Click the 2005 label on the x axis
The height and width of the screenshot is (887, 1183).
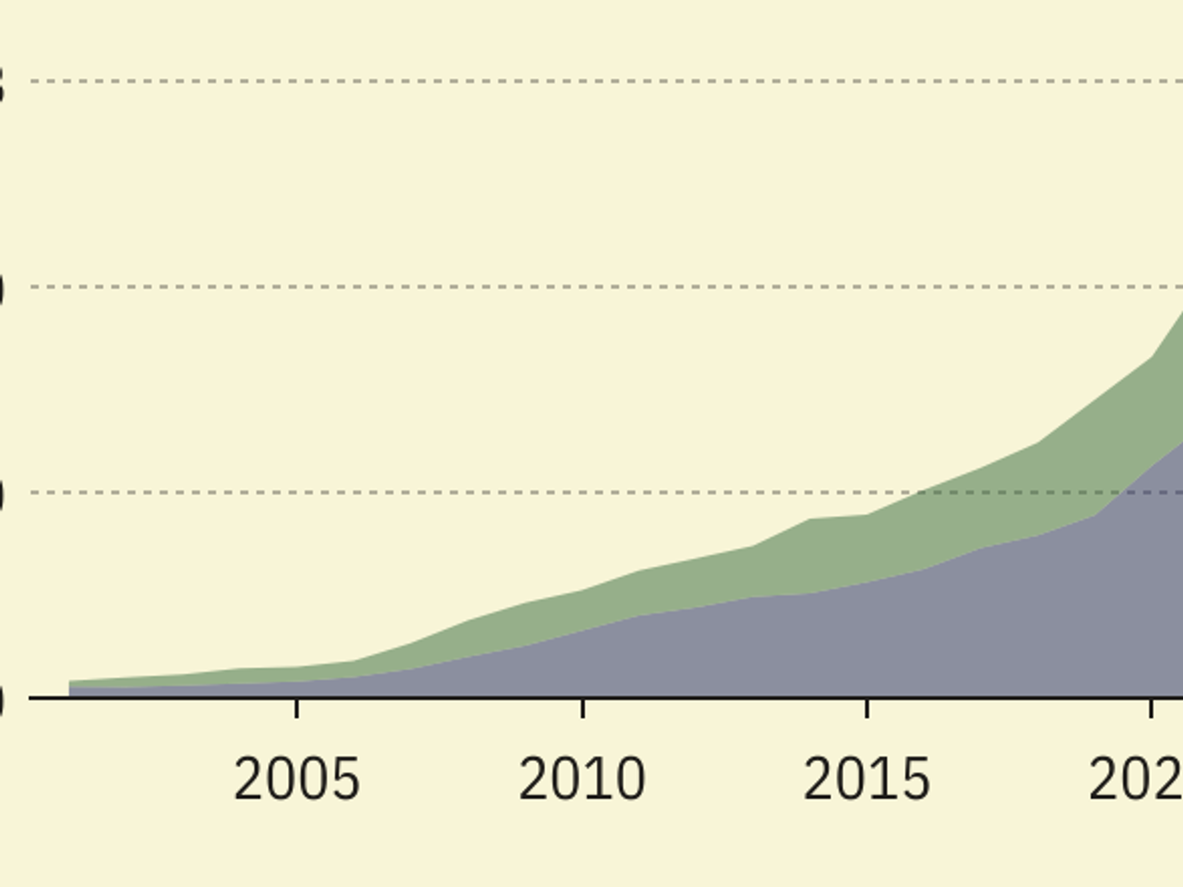296,780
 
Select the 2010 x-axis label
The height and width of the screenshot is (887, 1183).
582,780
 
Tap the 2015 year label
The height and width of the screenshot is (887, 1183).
866,780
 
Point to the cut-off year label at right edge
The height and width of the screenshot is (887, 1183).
1135,780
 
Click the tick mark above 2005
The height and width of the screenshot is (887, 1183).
296,708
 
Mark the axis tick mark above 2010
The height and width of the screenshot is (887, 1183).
583,708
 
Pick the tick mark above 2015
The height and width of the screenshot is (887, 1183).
867,708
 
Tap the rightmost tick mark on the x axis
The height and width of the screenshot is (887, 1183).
1151,708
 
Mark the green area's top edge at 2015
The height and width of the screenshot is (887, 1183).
867,515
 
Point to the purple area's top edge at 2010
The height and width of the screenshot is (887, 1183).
583,631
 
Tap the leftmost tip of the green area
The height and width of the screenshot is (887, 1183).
71,681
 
